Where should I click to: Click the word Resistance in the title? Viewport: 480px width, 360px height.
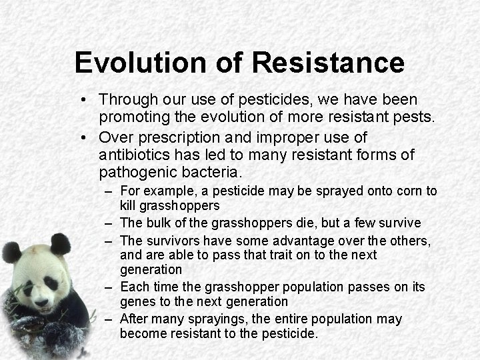tap(328, 62)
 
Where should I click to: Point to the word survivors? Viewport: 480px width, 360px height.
tap(175, 240)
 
